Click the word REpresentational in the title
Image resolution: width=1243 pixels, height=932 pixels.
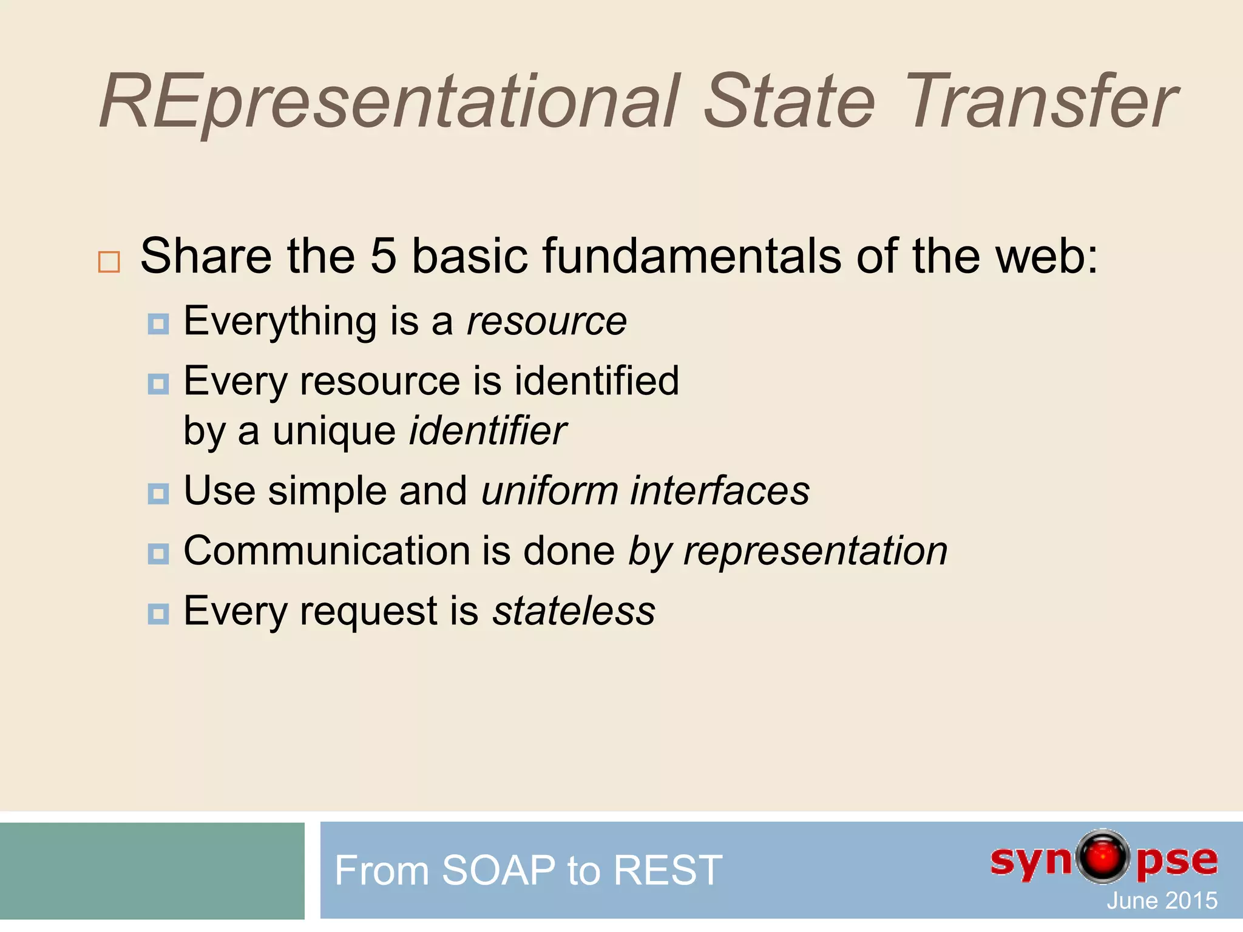(388, 102)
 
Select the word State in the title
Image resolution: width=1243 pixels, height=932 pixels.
(789, 102)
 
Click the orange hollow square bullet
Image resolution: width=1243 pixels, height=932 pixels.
(109, 262)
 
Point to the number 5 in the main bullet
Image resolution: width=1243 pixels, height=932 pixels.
(383, 255)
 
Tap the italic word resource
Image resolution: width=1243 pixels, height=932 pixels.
(546, 321)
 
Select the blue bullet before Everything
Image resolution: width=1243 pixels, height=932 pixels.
(158, 324)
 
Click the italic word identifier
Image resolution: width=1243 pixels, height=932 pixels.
(488, 431)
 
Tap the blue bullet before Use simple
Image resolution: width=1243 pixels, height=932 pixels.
(158, 494)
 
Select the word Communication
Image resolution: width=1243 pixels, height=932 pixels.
(327, 551)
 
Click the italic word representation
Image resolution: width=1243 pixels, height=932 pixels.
(815, 551)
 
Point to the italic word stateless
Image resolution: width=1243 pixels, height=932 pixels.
(574, 611)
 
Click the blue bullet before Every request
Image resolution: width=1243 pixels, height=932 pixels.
(158, 614)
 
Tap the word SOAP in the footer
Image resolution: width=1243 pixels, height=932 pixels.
(498, 870)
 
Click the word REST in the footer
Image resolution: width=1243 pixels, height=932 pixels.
(668, 870)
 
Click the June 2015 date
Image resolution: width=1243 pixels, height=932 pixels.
(1162, 900)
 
